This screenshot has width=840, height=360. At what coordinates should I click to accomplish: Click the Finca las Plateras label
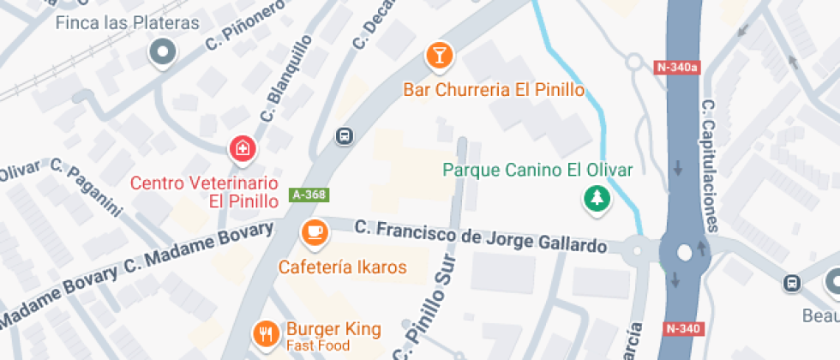[x=127, y=23]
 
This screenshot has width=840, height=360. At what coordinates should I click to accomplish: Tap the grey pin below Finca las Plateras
[x=161, y=53]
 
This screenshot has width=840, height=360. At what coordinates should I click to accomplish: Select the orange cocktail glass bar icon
[x=439, y=57]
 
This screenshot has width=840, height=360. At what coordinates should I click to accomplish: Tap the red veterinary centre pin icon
[x=243, y=149]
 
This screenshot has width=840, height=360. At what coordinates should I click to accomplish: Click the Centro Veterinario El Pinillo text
[x=205, y=192]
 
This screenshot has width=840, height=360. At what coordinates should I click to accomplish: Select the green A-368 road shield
[x=309, y=195]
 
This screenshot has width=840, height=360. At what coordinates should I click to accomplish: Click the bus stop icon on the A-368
[x=344, y=136]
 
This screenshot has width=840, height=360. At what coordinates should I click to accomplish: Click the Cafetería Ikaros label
[x=342, y=267]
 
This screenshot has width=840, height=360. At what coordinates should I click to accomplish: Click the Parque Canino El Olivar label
[x=537, y=169]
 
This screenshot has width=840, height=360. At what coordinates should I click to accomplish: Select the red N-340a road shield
[x=677, y=66]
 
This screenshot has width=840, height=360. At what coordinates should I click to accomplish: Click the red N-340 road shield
[x=682, y=328]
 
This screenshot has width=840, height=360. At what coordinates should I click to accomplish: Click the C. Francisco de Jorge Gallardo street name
[x=480, y=237]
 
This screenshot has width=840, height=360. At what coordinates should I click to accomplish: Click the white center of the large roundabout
[x=684, y=253]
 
